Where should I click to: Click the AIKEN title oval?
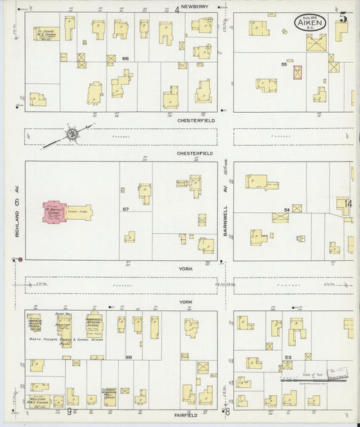point(310,23)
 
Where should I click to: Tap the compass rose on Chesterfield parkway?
point(71,134)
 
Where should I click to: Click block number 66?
point(125,59)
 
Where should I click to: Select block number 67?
point(126,209)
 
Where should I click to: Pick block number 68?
point(128,357)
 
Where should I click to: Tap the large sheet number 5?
point(343,18)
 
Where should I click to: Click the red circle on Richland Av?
point(20,259)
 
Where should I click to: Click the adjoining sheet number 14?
point(348,203)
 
